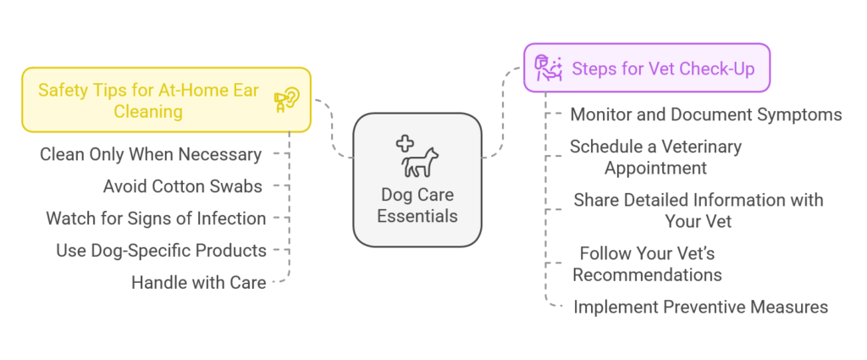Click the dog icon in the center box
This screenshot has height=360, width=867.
(420, 162)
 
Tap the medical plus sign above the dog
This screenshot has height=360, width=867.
(406, 144)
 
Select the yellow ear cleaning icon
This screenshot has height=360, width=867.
(287, 100)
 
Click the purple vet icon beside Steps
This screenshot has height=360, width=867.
(548, 68)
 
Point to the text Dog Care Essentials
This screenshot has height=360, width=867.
(417, 205)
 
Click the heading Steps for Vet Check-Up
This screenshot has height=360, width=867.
(664, 69)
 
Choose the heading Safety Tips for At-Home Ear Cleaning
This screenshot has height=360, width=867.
(148, 101)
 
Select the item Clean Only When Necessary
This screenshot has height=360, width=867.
(151, 155)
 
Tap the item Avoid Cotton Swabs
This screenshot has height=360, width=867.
(183, 187)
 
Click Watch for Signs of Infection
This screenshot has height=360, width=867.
(156, 219)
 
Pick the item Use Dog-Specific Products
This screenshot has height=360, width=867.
(161, 251)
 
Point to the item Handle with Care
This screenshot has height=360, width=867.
(198, 283)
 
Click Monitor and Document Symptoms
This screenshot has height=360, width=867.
(706, 114)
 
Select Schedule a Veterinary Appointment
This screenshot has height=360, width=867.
(656, 157)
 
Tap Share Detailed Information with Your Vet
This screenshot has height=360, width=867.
(699, 210)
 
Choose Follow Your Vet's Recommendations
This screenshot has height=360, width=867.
(647, 263)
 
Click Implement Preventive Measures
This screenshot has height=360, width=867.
(700, 307)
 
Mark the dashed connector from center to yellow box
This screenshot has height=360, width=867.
(334, 128)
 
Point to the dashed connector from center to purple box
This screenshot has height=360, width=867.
(503, 113)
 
